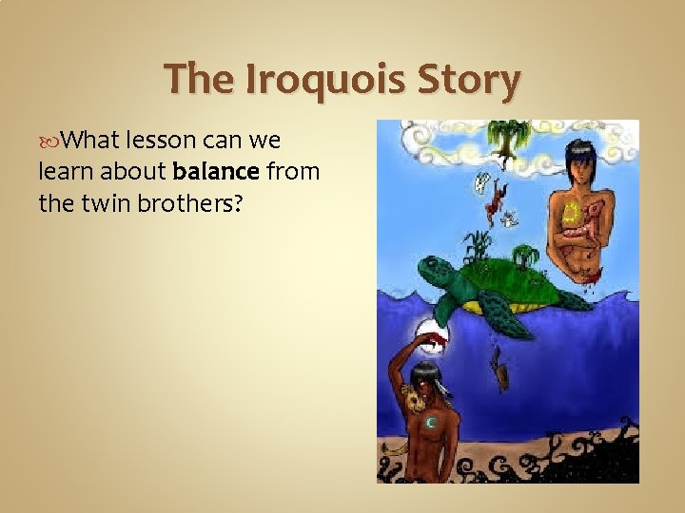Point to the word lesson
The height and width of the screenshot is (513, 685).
[x=158, y=142]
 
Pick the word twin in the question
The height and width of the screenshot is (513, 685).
[x=102, y=202]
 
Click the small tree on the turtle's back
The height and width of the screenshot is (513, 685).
[x=526, y=255]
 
